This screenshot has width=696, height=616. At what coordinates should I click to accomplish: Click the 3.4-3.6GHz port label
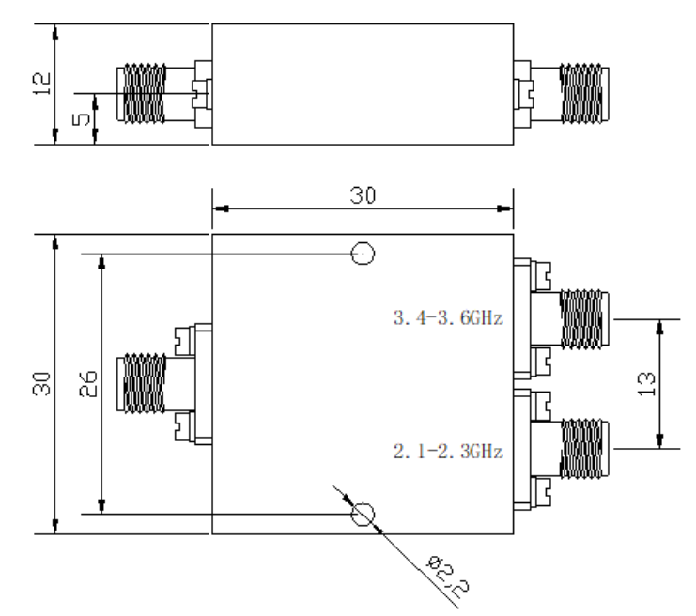[x=448, y=318]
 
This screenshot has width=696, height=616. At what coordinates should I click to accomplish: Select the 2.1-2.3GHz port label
[x=448, y=452]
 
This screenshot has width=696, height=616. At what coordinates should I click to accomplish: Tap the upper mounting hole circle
[x=363, y=242]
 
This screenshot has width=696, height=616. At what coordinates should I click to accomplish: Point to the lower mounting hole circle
[x=363, y=503]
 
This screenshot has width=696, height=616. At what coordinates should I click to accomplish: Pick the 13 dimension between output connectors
[x=646, y=384]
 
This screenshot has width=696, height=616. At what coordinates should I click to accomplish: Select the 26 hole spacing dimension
[x=87, y=384]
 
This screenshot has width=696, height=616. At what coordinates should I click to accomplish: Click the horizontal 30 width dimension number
[x=363, y=195]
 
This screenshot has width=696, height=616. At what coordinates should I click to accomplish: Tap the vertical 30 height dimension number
[x=41, y=384]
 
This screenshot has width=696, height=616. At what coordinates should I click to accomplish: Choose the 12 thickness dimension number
[x=41, y=84]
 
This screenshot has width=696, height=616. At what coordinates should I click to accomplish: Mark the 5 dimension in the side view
[x=81, y=119]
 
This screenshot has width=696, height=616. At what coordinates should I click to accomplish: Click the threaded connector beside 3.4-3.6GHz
[x=584, y=318]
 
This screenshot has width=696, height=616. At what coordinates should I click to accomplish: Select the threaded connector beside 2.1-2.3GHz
[x=584, y=449]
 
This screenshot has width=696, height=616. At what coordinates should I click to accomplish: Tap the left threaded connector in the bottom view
[x=142, y=383]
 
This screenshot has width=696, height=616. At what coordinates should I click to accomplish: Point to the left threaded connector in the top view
[x=142, y=94]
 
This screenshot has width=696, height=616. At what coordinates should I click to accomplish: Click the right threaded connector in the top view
[x=584, y=94]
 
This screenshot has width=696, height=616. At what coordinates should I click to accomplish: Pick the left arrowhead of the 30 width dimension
[x=221, y=208]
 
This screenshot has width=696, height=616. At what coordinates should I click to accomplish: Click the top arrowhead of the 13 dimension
[x=660, y=328]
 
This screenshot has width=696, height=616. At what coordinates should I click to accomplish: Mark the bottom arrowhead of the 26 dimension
[x=101, y=506]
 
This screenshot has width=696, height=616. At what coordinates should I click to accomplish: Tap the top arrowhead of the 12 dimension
[x=55, y=33]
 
